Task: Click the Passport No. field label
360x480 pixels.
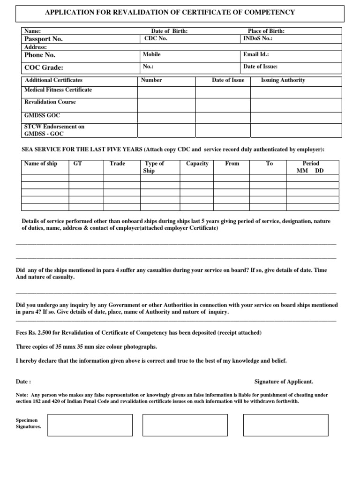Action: point(44,39)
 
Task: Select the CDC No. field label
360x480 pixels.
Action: point(156,39)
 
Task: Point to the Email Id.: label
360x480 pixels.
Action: point(256,55)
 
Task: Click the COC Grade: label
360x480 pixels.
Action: point(44,67)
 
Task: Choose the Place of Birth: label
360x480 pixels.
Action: point(266,31)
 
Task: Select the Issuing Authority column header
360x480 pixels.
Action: point(283,80)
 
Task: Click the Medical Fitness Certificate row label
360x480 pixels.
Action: point(58,90)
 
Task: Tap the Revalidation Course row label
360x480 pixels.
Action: point(50,102)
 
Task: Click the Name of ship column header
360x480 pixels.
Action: point(40,164)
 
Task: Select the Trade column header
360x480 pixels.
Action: point(117,164)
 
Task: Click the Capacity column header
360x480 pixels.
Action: point(197,164)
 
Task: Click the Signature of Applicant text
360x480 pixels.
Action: point(284,382)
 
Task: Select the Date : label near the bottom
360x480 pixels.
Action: point(23,382)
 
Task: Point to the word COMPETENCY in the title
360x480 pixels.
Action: point(268,12)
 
